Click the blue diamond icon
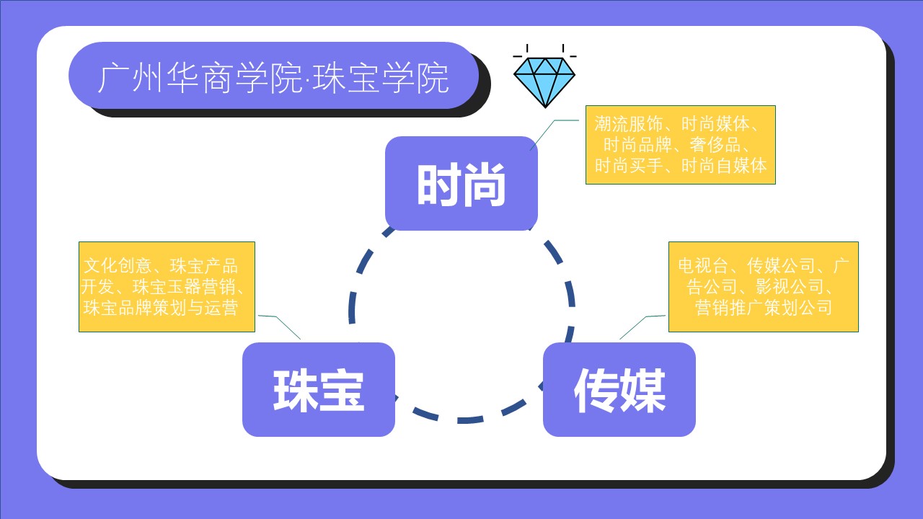tap(544, 79)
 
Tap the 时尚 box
tap(461, 184)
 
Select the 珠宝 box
tap(318, 389)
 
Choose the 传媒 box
tap(619, 389)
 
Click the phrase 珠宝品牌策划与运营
tap(160, 308)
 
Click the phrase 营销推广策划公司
tap(764, 308)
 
